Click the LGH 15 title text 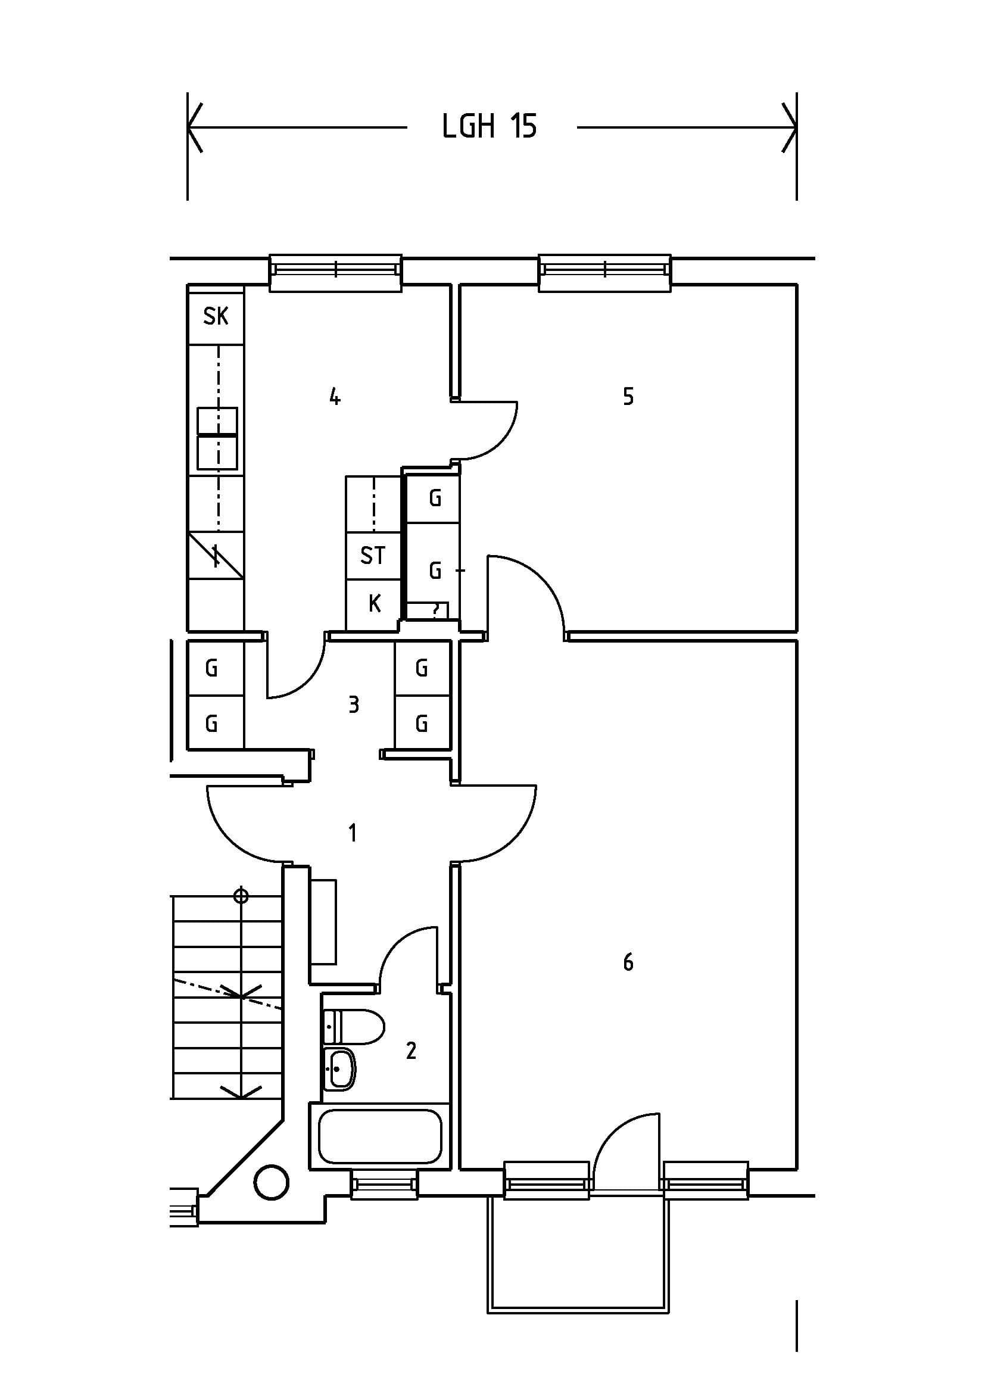489,127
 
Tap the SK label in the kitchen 216,316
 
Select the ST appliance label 372,555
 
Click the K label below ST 374,604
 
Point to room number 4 334,397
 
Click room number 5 628,396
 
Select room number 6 628,962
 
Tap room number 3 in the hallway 354,705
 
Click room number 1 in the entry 353,833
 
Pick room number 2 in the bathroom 412,1050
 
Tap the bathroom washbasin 341,1068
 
